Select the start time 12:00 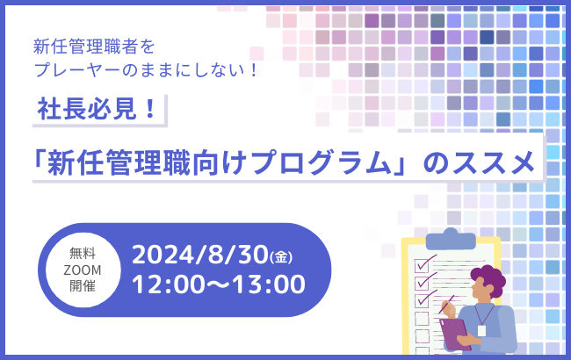165,284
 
